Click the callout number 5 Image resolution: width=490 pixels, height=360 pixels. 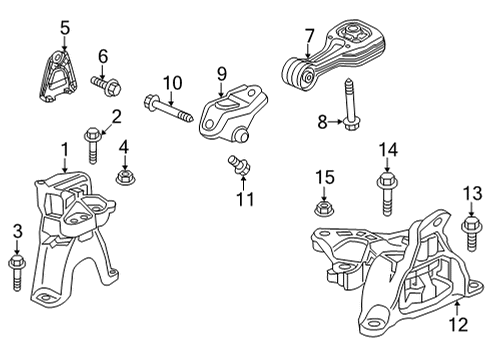click(x=65, y=28)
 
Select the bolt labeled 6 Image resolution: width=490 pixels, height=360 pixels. click(x=106, y=85)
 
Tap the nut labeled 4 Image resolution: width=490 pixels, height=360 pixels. click(x=125, y=176)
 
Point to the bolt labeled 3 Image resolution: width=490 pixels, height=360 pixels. click(x=17, y=272)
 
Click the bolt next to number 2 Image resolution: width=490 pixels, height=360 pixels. click(x=92, y=145)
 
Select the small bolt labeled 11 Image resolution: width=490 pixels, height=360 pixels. click(x=239, y=165)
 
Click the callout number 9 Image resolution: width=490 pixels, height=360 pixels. click(x=222, y=74)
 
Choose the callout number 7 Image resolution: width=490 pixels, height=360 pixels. click(x=310, y=36)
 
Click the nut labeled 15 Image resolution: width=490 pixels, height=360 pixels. click(x=324, y=209)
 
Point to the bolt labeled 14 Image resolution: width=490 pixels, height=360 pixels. click(x=386, y=194)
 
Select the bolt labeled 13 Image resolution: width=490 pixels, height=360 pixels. click(x=471, y=233)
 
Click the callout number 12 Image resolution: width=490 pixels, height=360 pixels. click(x=459, y=324)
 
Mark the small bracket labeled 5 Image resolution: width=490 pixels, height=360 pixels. click(x=57, y=76)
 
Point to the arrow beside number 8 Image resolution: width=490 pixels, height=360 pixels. click(x=336, y=122)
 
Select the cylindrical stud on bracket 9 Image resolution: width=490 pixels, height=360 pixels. click(x=241, y=135)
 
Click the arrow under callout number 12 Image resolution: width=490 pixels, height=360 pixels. click(x=457, y=307)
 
